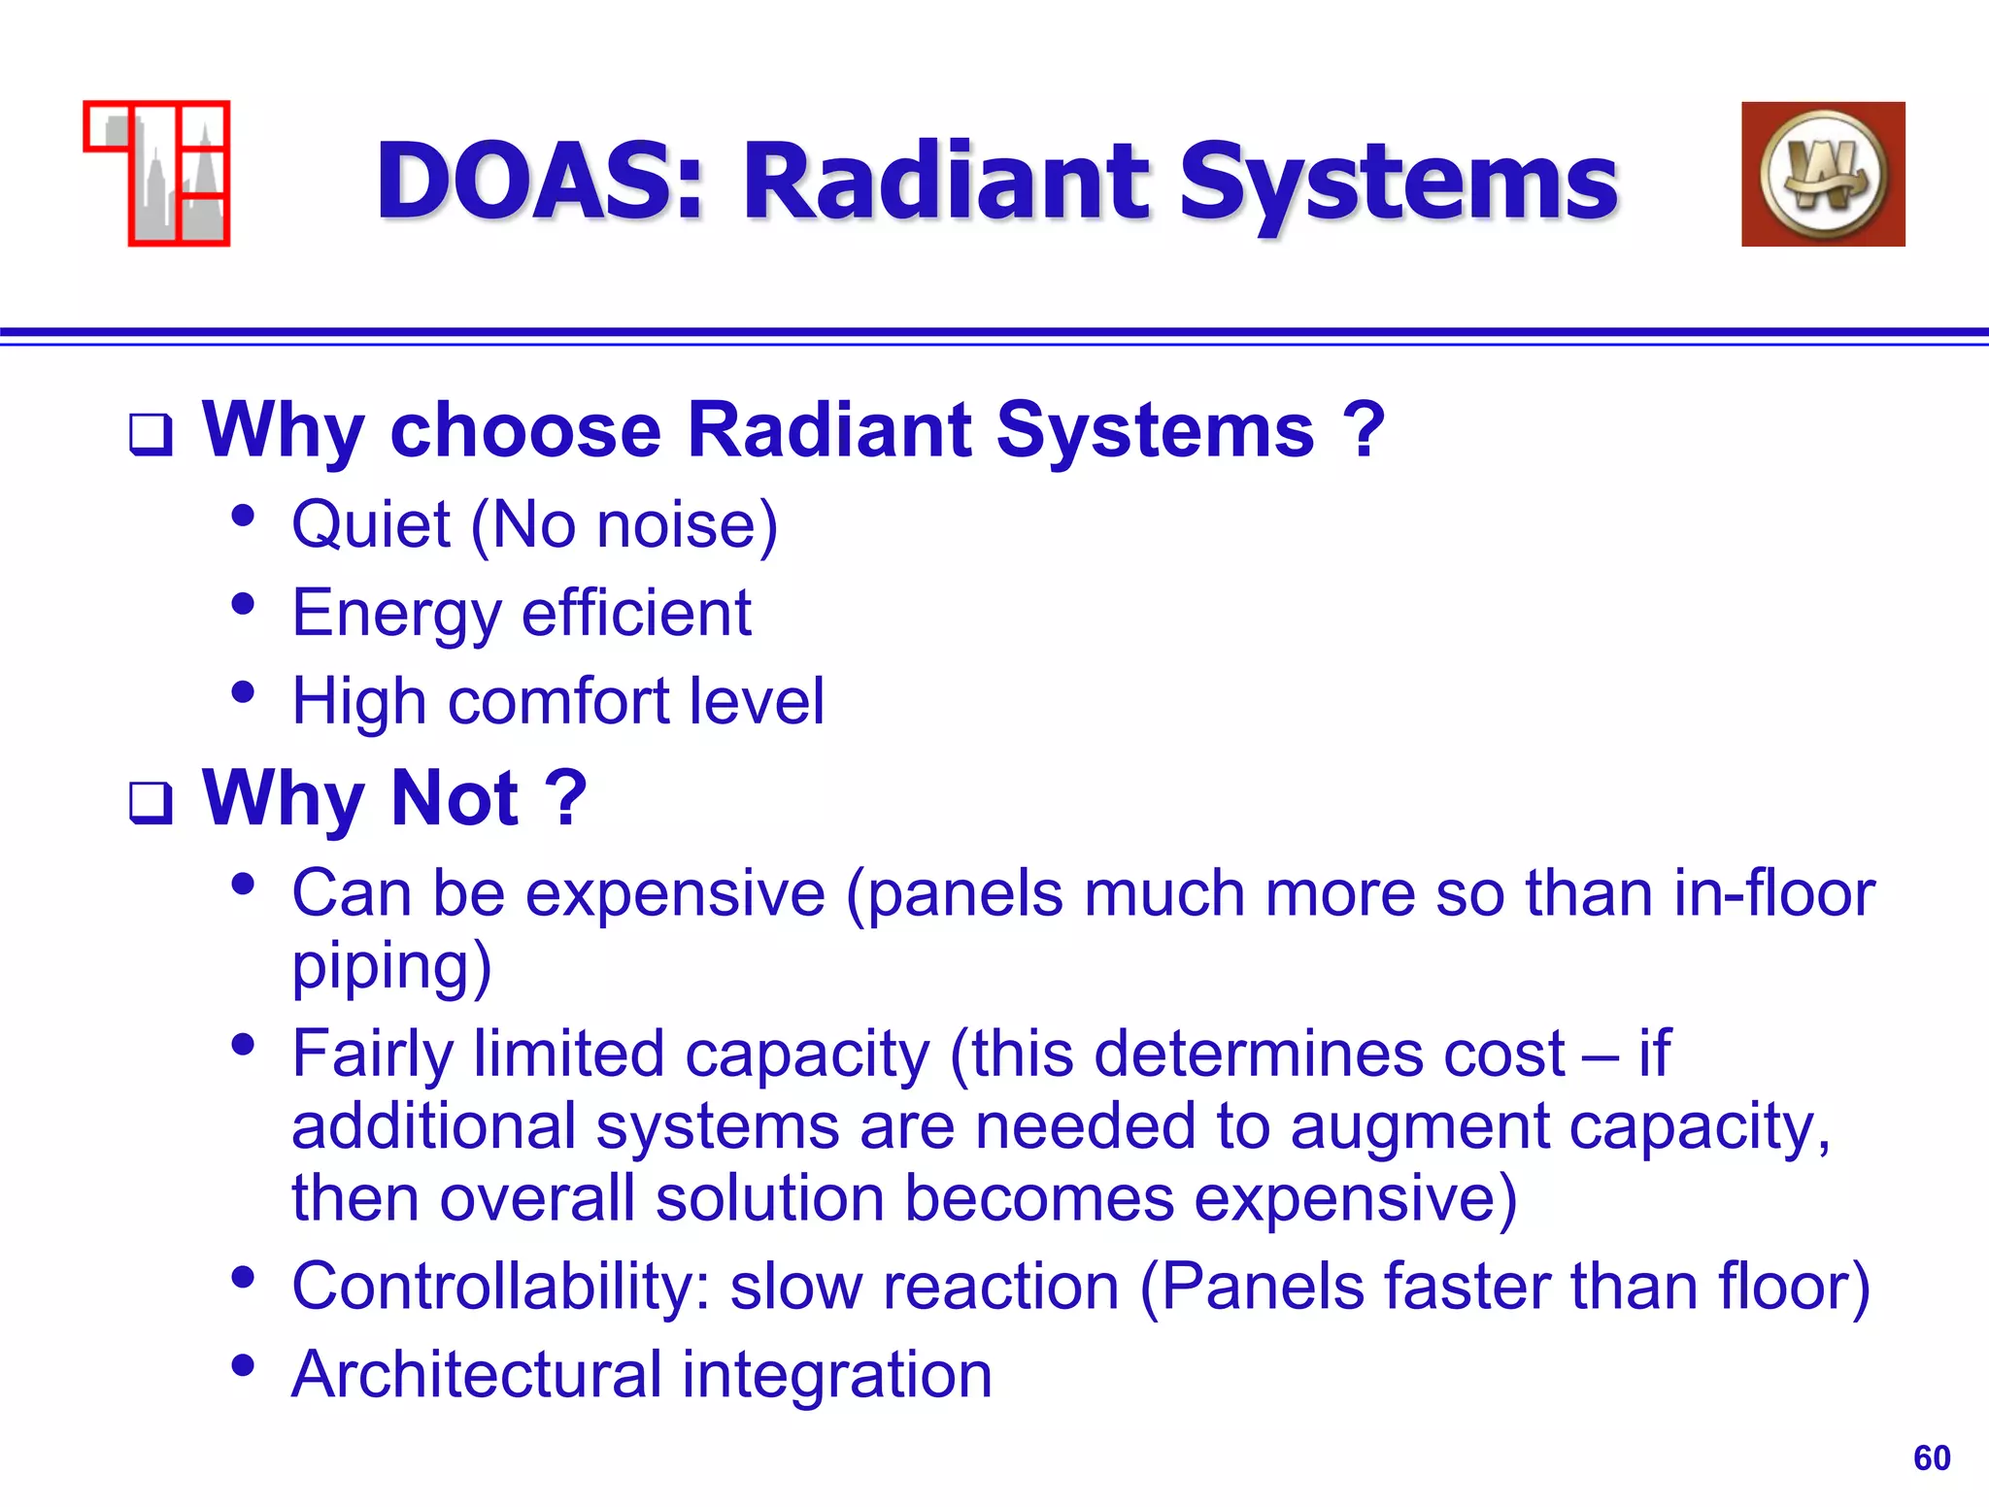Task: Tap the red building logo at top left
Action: click(x=157, y=173)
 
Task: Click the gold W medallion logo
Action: click(x=1823, y=175)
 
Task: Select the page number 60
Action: click(x=1931, y=1457)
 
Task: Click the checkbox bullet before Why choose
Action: click(x=152, y=434)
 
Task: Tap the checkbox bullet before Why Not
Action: click(x=152, y=802)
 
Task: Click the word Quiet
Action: click(x=371, y=525)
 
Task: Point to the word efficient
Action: click(x=636, y=614)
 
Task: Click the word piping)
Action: click(x=391, y=966)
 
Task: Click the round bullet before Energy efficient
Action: click(x=243, y=605)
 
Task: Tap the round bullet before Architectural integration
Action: click(x=243, y=1366)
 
